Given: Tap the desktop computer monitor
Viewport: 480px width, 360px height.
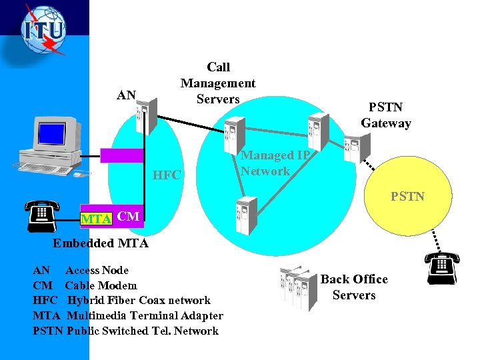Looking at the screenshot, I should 61,137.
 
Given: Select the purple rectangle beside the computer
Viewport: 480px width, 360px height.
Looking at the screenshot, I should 122,155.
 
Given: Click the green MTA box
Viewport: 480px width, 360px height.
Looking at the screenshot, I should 96,218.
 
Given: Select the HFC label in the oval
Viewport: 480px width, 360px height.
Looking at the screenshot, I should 167,175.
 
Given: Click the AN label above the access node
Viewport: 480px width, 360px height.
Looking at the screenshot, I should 127,95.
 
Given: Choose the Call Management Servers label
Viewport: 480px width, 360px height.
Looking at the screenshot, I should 218,83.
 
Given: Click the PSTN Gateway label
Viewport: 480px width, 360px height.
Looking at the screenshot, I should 386,115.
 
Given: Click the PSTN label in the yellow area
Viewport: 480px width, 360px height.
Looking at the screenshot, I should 407,197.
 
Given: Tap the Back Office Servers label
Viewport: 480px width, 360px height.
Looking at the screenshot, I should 354,287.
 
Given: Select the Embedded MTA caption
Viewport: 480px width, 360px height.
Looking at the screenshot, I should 101,243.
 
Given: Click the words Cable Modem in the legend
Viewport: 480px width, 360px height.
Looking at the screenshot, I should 101,285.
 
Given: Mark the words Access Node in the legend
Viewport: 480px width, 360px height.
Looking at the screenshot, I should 97,270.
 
